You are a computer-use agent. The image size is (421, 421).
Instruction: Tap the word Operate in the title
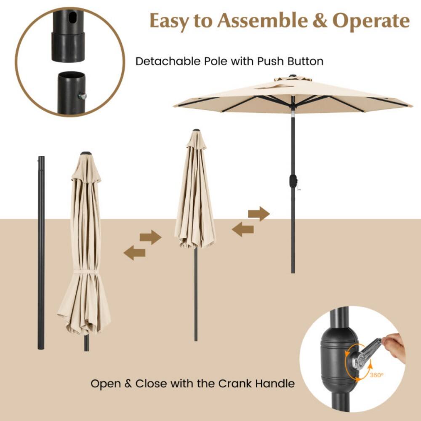click(x=371, y=21)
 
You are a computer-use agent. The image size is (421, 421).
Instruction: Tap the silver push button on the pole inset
click(x=83, y=96)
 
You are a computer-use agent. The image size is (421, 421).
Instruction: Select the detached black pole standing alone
click(x=41, y=253)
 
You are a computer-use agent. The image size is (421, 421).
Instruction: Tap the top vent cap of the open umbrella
click(x=293, y=78)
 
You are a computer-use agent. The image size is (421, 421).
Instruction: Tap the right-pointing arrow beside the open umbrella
click(x=258, y=213)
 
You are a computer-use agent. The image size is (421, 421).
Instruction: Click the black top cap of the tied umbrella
click(x=85, y=153)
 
